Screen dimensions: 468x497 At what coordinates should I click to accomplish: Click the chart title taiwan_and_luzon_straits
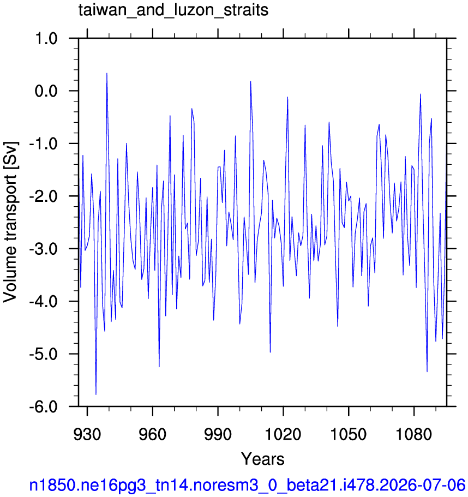click(x=173, y=10)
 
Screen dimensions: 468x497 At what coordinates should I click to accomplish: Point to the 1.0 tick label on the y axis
click(x=46, y=39)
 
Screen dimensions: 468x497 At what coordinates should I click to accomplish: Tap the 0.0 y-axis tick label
click(x=46, y=91)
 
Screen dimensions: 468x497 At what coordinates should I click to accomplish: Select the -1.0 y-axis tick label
click(x=44, y=144)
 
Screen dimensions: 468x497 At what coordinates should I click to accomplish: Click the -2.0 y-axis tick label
click(x=44, y=196)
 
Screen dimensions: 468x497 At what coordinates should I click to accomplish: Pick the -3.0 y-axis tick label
click(x=44, y=249)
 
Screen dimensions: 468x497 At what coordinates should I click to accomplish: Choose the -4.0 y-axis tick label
click(x=44, y=302)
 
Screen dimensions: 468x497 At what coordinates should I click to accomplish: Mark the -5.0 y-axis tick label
click(x=44, y=354)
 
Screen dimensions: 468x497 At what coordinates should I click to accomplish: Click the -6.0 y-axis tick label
click(x=44, y=406)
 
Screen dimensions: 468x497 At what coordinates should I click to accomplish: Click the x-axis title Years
click(x=263, y=459)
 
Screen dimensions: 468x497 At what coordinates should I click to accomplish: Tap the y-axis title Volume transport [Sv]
click(x=10, y=222)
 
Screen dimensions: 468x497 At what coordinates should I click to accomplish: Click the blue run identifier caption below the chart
click(x=247, y=485)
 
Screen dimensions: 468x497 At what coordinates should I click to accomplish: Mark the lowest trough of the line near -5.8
click(x=95, y=394)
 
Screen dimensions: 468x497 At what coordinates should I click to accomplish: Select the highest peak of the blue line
click(x=107, y=73)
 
